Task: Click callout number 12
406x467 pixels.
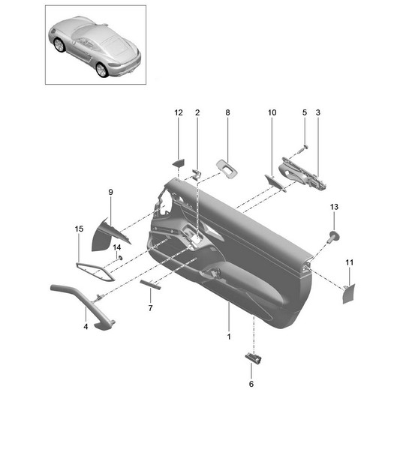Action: (179, 112)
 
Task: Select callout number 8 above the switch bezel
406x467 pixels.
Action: (227, 112)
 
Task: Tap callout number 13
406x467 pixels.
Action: (334, 207)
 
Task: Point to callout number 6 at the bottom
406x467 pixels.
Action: (251, 384)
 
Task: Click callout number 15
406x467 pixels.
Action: (79, 229)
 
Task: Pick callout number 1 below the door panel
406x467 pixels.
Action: (229, 337)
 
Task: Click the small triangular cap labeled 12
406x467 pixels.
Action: (179, 163)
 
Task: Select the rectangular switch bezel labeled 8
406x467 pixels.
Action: (227, 169)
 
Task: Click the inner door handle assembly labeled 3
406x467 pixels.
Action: (302, 174)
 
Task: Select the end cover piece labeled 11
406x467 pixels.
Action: (349, 294)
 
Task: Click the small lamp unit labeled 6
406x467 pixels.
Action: (254, 358)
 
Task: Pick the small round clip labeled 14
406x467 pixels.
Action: (120, 258)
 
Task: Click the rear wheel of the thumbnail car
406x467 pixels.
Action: (101, 70)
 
